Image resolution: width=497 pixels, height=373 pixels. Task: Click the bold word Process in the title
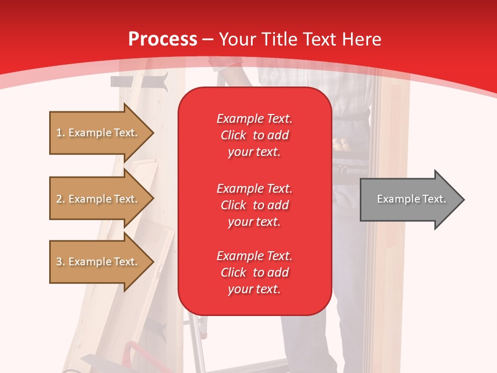(163, 39)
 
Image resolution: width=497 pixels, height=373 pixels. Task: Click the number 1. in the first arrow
(60, 133)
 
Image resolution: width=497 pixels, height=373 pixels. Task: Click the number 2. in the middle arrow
(60, 199)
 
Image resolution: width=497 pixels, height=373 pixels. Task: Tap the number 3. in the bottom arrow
(60, 262)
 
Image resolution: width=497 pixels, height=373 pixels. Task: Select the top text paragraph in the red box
(254, 135)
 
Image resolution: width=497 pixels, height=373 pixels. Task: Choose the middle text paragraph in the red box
(254, 205)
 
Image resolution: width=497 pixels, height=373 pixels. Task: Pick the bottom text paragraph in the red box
(254, 272)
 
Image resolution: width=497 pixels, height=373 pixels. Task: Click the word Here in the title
(361, 39)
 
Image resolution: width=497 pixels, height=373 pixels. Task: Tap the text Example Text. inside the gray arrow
(411, 199)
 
